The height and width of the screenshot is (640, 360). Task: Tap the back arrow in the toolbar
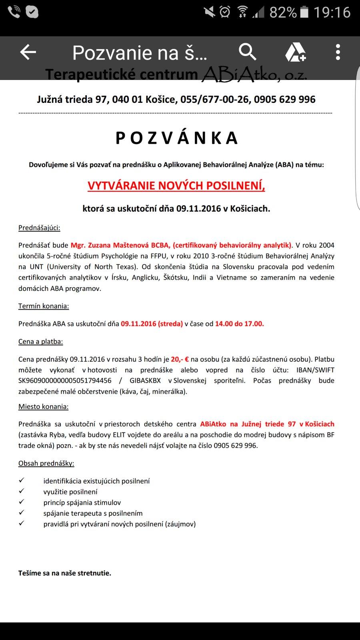28,52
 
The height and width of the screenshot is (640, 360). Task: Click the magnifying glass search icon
247,52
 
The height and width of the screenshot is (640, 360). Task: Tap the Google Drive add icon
295,52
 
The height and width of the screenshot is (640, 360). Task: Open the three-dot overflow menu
338,52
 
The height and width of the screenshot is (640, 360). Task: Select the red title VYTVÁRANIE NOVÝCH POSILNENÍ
176,186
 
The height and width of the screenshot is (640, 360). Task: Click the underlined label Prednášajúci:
39,228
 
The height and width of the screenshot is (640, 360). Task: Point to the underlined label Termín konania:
44,306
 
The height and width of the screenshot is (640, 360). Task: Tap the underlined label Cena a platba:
40,342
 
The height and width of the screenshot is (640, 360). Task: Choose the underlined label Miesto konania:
43,407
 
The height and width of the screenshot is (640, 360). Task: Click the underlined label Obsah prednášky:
46,463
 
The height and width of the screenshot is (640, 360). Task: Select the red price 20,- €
180,359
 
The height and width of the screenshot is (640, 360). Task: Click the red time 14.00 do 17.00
239,324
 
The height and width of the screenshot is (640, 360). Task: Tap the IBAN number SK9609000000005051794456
65,381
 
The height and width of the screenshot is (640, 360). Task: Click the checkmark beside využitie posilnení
22,491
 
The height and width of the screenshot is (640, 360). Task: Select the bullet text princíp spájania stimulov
82,502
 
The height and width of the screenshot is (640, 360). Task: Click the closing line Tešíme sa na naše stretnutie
65,573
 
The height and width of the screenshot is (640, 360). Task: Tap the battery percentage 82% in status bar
283,13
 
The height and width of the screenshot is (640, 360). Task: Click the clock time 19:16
332,13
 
